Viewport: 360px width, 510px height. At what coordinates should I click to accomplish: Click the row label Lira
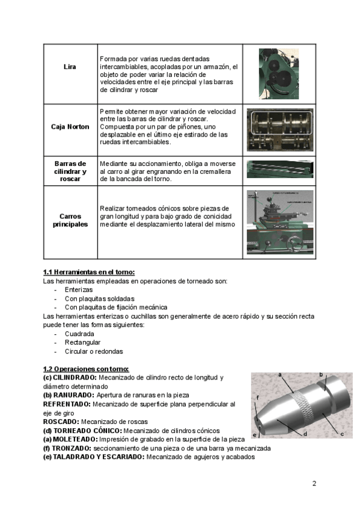pyautogui.click(x=70, y=67)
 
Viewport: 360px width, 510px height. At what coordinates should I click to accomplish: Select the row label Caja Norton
pyautogui.click(x=70, y=126)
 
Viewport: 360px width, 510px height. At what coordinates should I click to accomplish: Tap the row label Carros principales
pyautogui.click(x=70, y=220)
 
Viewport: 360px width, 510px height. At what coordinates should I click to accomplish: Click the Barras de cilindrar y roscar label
pyautogui.click(x=70, y=171)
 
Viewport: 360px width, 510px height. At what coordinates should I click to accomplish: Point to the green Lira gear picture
pyautogui.click(x=279, y=74)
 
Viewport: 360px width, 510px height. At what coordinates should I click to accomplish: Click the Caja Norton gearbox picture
pyautogui.click(x=279, y=130)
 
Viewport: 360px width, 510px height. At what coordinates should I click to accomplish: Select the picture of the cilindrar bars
pyautogui.click(x=280, y=169)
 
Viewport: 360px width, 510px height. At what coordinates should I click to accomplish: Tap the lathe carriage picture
pyautogui.click(x=280, y=222)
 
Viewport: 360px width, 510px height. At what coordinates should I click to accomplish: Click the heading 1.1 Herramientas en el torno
pyautogui.click(x=89, y=272)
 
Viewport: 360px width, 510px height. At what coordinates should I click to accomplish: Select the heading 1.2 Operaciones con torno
pyautogui.click(x=86, y=369)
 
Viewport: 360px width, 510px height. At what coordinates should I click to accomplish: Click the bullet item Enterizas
pyautogui.click(x=79, y=290)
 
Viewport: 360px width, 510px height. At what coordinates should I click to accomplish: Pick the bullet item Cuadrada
pyautogui.click(x=79, y=334)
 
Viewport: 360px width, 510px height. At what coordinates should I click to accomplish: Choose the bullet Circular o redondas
pyautogui.click(x=94, y=351)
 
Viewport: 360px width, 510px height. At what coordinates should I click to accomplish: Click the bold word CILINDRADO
pyautogui.click(x=75, y=378)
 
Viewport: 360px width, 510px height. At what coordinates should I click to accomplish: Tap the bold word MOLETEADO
pyautogui.click(x=75, y=440)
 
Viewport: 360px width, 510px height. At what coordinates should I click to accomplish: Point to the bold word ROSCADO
pyautogui.click(x=61, y=422)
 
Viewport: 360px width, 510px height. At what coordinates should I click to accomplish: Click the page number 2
pyautogui.click(x=314, y=484)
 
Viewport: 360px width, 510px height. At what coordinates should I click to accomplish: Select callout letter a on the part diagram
pyautogui.click(x=279, y=375)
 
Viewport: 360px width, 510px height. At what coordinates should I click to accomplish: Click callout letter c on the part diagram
pyautogui.click(x=342, y=434)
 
